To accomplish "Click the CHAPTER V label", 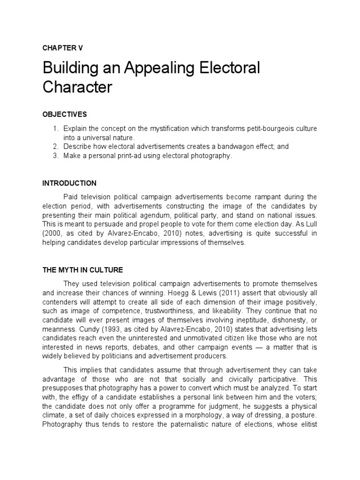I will [x=62, y=48].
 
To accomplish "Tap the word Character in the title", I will [x=78, y=88].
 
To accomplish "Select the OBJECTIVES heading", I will [x=65, y=114].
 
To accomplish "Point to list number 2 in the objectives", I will [x=55, y=147].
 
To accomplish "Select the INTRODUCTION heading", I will [x=69, y=183].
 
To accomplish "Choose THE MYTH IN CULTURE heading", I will [x=82, y=270].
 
